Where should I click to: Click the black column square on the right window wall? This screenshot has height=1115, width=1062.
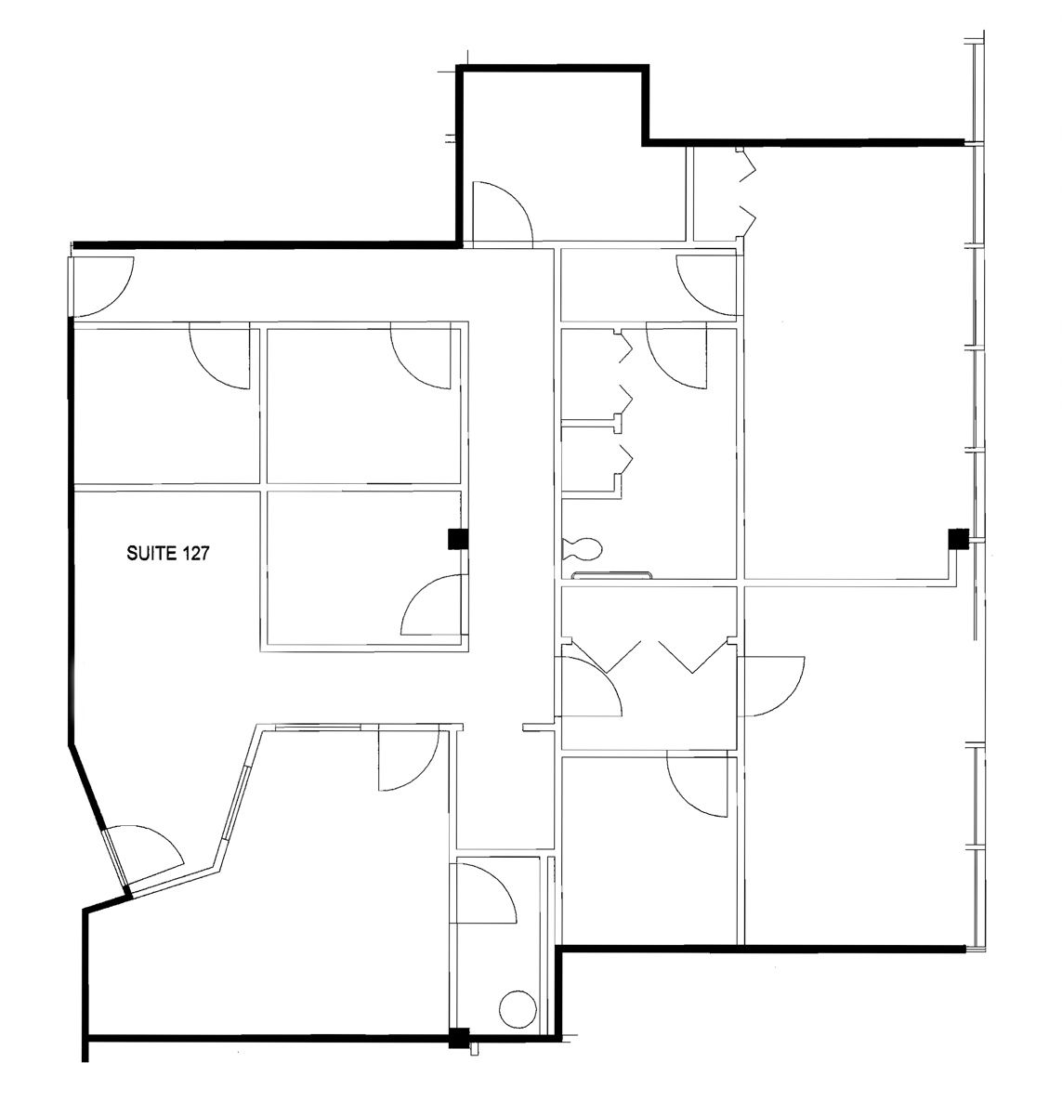point(958,538)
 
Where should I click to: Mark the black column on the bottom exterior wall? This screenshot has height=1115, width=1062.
point(458,1037)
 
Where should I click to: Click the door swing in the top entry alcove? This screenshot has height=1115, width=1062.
point(499,213)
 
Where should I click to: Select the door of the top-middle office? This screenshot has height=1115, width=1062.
point(423,356)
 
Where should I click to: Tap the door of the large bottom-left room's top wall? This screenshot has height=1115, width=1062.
point(407,757)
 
